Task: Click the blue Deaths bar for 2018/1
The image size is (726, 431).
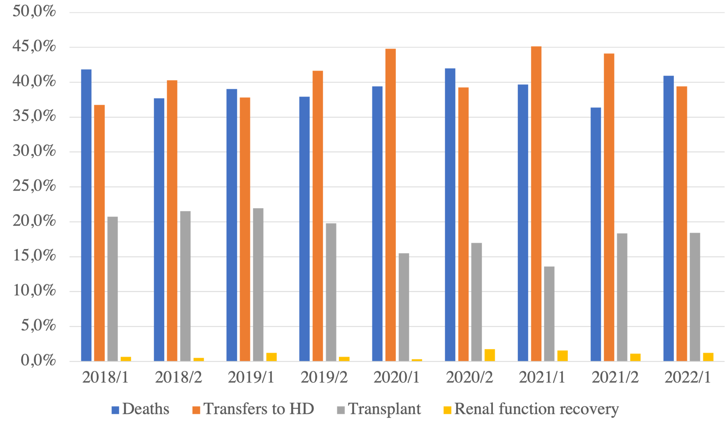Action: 86,215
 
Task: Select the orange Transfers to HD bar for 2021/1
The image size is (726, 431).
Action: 536,203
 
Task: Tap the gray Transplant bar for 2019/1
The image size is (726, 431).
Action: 258,285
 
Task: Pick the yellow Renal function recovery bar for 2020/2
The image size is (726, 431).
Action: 490,355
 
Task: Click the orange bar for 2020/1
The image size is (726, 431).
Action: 390,205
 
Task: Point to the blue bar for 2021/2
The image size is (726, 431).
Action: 596,234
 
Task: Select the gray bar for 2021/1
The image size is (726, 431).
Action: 549,314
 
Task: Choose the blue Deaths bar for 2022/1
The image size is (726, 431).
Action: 668,218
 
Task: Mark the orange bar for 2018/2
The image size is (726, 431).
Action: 172,220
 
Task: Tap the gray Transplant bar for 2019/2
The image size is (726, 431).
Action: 331,292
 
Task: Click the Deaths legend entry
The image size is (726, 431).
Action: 141,409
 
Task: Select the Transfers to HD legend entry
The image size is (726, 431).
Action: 253,409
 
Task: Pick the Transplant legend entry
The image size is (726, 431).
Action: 379,409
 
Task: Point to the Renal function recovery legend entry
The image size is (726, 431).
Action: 531,409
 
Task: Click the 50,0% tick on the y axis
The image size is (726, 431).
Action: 34,12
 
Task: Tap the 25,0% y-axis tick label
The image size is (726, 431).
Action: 34,186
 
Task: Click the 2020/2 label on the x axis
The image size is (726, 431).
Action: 469,377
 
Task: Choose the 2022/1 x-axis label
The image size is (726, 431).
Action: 687,377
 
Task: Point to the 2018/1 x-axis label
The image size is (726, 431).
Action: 105,377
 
